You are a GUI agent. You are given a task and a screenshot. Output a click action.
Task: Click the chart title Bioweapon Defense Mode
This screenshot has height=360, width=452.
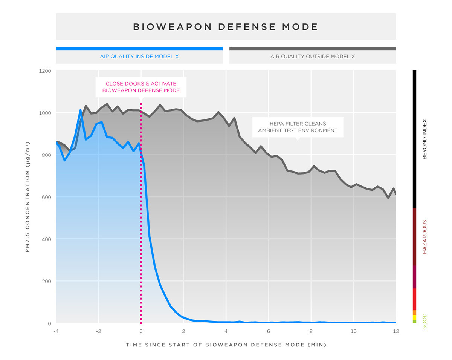[226, 27]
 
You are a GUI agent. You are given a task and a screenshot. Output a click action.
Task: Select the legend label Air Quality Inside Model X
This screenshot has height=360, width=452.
[139, 57]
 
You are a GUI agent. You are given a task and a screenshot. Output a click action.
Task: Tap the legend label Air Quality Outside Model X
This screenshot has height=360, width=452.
[312, 57]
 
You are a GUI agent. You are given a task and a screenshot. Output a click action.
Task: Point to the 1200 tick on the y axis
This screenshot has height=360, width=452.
[45, 71]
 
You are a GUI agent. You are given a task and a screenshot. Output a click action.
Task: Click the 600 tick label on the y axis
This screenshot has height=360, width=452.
[47, 197]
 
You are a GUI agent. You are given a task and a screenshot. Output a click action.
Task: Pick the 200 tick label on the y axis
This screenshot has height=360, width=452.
[47, 281]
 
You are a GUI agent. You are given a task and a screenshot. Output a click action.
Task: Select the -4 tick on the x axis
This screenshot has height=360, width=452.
[56, 331]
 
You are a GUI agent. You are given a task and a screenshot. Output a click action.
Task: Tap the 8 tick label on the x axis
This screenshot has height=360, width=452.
[311, 331]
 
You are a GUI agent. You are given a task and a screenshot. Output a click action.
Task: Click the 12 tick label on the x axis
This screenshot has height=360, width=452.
[396, 331]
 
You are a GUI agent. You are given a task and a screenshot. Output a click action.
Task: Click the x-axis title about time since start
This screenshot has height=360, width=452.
[226, 345]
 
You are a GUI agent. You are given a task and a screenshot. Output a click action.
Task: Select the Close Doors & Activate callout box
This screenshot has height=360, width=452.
[140, 87]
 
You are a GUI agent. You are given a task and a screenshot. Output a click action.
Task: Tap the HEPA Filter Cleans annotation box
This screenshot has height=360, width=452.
[297, 127]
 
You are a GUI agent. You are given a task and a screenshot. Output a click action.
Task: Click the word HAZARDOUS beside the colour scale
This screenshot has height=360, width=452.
[425, 237]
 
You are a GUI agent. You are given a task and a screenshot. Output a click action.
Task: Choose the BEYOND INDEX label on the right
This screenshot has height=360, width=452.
[425, 139]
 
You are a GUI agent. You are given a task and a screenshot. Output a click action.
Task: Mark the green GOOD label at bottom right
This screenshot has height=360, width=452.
[425, 321]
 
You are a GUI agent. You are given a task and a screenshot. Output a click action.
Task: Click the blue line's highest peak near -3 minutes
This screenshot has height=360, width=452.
[81, 110]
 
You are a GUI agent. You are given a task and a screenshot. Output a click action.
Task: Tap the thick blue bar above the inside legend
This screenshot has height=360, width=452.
[139, 48]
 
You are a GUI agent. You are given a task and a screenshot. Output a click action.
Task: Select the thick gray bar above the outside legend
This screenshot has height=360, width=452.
[312, 48]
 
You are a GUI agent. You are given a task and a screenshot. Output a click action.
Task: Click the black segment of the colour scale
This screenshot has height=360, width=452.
[414, 139]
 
